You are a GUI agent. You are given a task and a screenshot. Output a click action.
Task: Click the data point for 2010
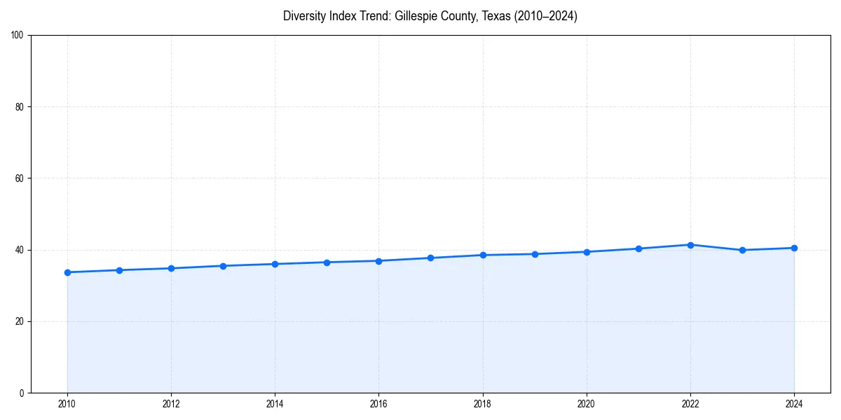tap(67, 272)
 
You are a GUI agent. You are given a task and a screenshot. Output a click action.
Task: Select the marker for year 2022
tap(690, 245)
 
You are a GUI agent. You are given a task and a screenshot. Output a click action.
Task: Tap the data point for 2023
tap(742, 250)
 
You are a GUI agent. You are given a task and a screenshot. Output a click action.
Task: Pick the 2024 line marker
tap(794, 248)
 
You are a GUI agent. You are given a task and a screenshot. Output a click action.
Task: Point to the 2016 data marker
tap(378, 261)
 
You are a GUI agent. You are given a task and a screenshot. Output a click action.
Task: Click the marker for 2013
tap(223, 266)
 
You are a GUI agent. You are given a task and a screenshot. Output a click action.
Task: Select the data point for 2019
tap(535, 254)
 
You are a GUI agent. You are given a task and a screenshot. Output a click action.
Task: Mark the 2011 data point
tap(119, 270)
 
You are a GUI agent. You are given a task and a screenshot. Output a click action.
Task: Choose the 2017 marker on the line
tap(430, 258)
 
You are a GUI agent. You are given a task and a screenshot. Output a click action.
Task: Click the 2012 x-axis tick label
tap(171, 404)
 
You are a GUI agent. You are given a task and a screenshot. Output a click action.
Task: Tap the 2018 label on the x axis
tap(482, 404)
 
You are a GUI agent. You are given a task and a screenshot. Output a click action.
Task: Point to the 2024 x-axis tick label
tap(794, 404)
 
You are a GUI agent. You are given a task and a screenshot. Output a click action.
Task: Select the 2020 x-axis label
tap(587, 404)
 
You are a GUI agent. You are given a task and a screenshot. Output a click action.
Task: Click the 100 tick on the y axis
tap(18, 35)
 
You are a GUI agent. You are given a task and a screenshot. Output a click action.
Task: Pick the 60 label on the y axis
tap(20, 178)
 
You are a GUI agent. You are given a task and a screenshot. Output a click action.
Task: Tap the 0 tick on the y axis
tap(22, 393)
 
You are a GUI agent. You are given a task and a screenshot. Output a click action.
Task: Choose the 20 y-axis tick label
tap(20, 321)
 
